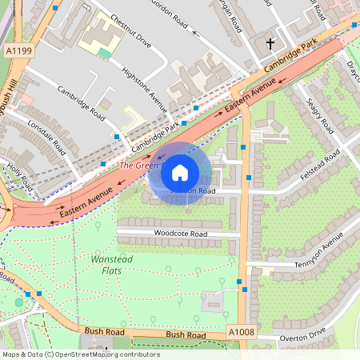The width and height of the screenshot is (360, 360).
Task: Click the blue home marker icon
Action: [179, 172]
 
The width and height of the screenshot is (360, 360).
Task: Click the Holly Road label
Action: [21, 178]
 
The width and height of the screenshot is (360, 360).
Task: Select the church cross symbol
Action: [270, 43]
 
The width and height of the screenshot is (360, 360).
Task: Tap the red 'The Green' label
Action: [137, 166]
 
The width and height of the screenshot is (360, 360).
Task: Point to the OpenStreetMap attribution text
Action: [80, 354]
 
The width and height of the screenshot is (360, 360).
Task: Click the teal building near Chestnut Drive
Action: [105, 53]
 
